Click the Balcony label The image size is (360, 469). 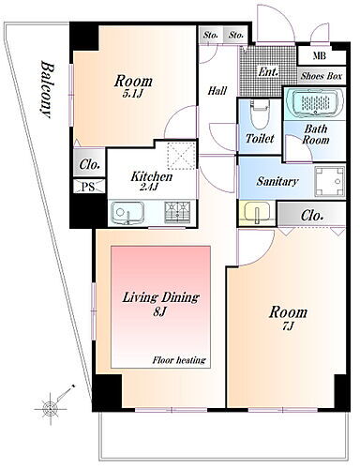click(x=46, y=90)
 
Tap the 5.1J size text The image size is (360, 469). click(x=132, y=94)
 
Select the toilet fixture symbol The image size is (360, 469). click(x=260, y=116)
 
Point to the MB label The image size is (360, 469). click(x=320, y=56)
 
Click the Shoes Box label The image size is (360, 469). click(x=322, y=76)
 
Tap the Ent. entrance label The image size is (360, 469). click(x=268, y=72)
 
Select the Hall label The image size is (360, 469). click(x=217, y=91)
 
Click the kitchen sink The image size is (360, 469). click(x=127, y=213)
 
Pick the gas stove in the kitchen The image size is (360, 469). click(x=177, y=212)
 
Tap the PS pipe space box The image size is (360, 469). click(x=89, y=187)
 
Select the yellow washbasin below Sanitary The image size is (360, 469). click(x=257, y=213)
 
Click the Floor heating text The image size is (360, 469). click(x=179, y=360)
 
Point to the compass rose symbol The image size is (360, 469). click(x=50, y=408)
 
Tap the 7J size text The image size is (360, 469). click(x=288, y=326)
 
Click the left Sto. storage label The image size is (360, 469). click(x=210, y=35)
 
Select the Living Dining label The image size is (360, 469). click(x=160, y=297)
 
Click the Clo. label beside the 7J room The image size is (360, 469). click(x=312, y=216)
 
